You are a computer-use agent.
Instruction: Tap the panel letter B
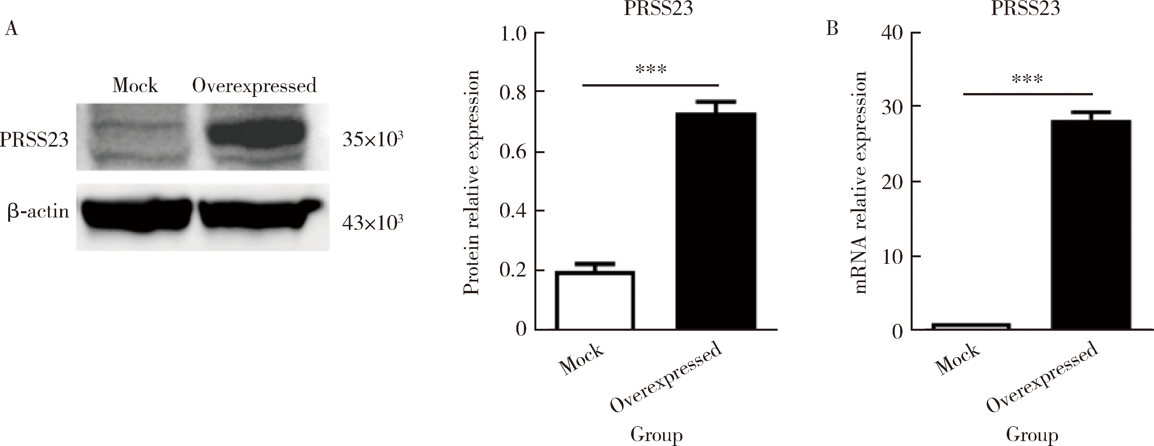coord(832,29)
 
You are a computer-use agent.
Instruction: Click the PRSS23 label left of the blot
coord(34,140)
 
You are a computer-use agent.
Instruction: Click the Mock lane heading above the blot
coord(135,86)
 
